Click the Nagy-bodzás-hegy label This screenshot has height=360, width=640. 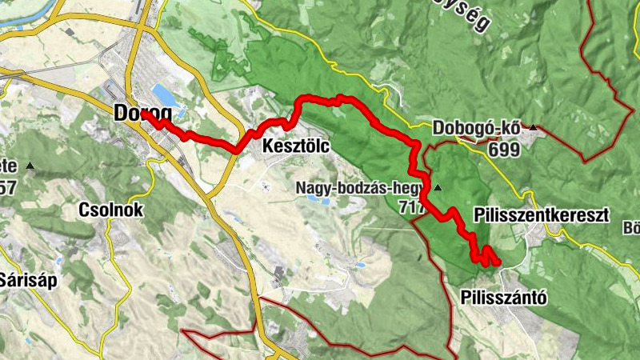click(363, 189)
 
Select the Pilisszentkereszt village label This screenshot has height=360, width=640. click(541, 215)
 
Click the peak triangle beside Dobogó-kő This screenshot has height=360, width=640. click(532, 126)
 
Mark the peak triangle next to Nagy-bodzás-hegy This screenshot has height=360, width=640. click(438, 188)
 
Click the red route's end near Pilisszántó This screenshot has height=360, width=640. click(497, 262)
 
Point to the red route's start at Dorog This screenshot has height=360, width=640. click(145, 115)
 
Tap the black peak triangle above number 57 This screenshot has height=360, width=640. click(30, 166)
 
